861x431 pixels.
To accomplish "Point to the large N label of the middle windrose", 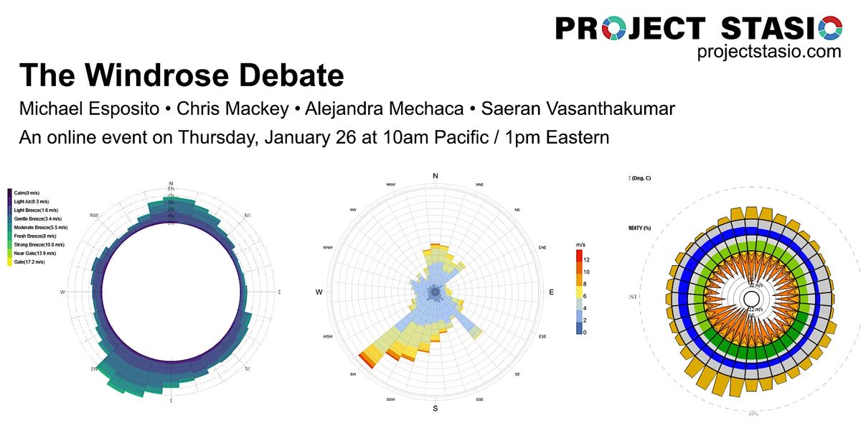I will (435, 176).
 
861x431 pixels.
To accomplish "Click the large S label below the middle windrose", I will (435, 409).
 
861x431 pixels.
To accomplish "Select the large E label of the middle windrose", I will (551, 292).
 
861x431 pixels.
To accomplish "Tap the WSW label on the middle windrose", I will (328, 336).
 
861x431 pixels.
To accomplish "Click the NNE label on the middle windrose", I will (479, 185).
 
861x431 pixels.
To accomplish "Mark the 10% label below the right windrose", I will (753, 414).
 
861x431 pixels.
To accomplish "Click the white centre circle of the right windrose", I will (751, 298).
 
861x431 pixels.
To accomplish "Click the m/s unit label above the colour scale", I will (582, 245).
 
